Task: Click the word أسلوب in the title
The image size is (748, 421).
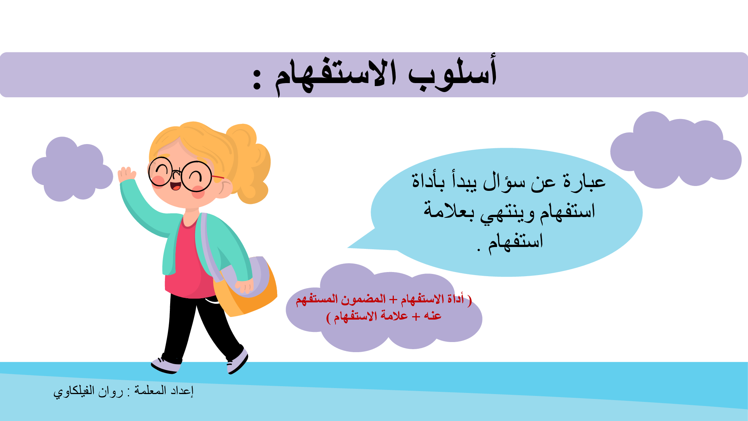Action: pyautogui.click(x=453, y=73)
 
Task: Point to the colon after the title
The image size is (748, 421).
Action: pyautogui.click(x=257, y=79)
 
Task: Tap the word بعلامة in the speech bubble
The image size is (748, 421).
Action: pyautogui.click(x=449, y=210)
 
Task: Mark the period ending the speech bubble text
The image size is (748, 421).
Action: pyautogui.click(x=479, y=250)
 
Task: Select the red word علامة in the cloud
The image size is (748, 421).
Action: pyautogui.click(x=392, y=315)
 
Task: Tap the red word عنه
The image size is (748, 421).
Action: pyautogui.click(x=433, y=316)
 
